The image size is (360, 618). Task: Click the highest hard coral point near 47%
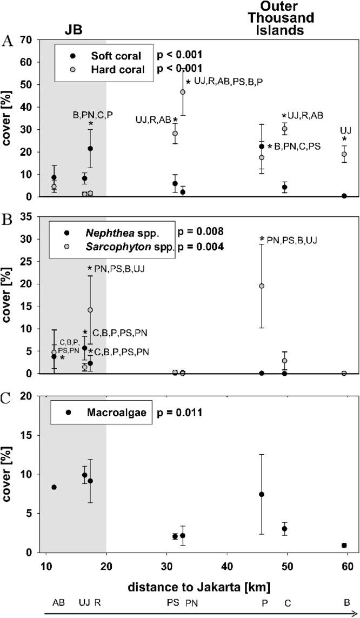point(183,92)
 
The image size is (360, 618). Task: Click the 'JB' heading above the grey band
point(71,25)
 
